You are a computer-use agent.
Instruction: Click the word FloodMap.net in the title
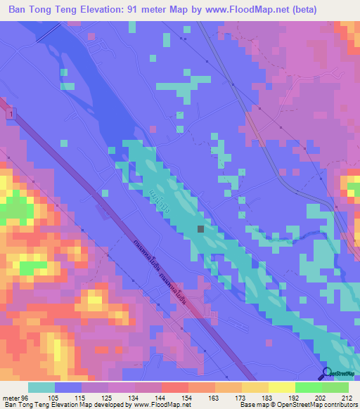[252, 10]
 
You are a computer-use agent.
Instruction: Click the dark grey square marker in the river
[202, 228]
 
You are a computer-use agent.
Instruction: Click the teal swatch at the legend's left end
[41, 387]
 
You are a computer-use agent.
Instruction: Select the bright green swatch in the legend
[309, 387]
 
